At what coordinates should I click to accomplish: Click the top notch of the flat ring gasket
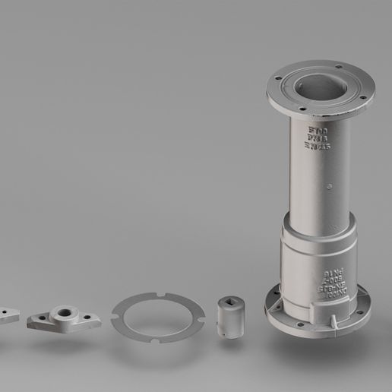[162, 293]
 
